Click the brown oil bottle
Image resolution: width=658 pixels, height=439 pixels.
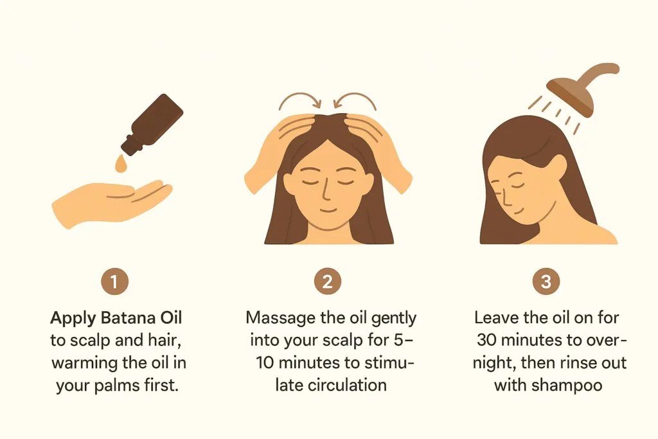point(152,124)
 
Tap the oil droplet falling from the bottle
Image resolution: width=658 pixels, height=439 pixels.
point(121,164)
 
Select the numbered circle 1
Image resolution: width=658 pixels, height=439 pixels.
point(114,281)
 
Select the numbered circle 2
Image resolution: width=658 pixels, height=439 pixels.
point(327,281)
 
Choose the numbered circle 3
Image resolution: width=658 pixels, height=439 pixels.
point(546,281)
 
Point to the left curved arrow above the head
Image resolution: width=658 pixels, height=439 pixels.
point(299,100)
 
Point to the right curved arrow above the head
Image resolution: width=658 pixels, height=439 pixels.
point(355,100)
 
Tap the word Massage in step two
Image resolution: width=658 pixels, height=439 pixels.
point(281,319)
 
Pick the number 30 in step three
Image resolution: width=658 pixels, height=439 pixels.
point(487,341)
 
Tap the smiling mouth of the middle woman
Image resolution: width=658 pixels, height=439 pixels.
point(328,210)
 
